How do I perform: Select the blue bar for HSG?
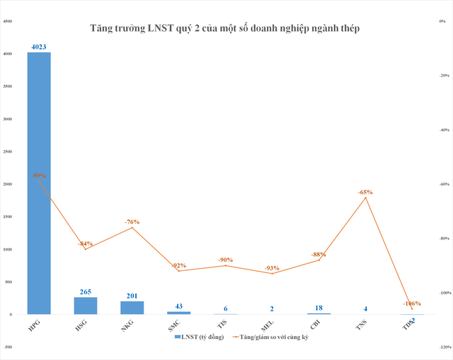tap(86, 306)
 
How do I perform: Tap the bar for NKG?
tap(132, 308)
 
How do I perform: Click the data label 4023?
tap(39, 47)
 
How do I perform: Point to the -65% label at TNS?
tap(365, 192)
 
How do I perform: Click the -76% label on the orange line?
tap(132, 222)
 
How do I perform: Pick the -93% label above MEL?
tap(272, 268)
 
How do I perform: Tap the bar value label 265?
tap(86, 292)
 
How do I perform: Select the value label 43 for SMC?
tap(178, 306)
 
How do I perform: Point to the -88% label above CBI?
tap(318, 254)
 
